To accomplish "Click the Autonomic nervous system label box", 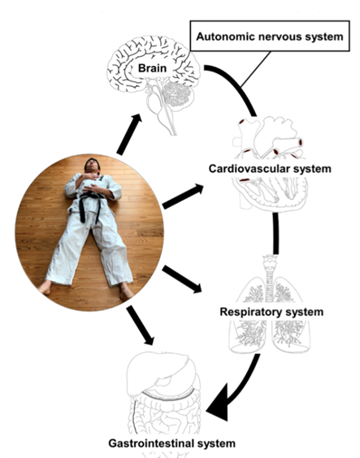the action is tap(270, 36).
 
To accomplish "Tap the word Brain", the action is tap(152, 68).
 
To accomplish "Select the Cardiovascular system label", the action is tap(270, 169).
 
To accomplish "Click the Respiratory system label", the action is tap(271, 312).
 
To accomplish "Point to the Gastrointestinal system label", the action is tap(171, 443).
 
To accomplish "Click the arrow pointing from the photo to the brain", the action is tap(129, 134).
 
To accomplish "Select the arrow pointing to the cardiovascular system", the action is tap(183, 197).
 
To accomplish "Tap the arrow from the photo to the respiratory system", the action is tap(182, 279).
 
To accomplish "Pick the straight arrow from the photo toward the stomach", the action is tap(141, 325).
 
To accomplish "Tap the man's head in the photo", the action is tap(92, 166).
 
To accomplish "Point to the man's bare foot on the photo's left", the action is tap(45, 287).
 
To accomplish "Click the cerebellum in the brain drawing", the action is tap(176, 94).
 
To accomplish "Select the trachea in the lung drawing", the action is tap(270, 279).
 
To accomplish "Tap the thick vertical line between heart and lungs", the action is tap(275, 233).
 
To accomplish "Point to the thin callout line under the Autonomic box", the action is tap(256, 69).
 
